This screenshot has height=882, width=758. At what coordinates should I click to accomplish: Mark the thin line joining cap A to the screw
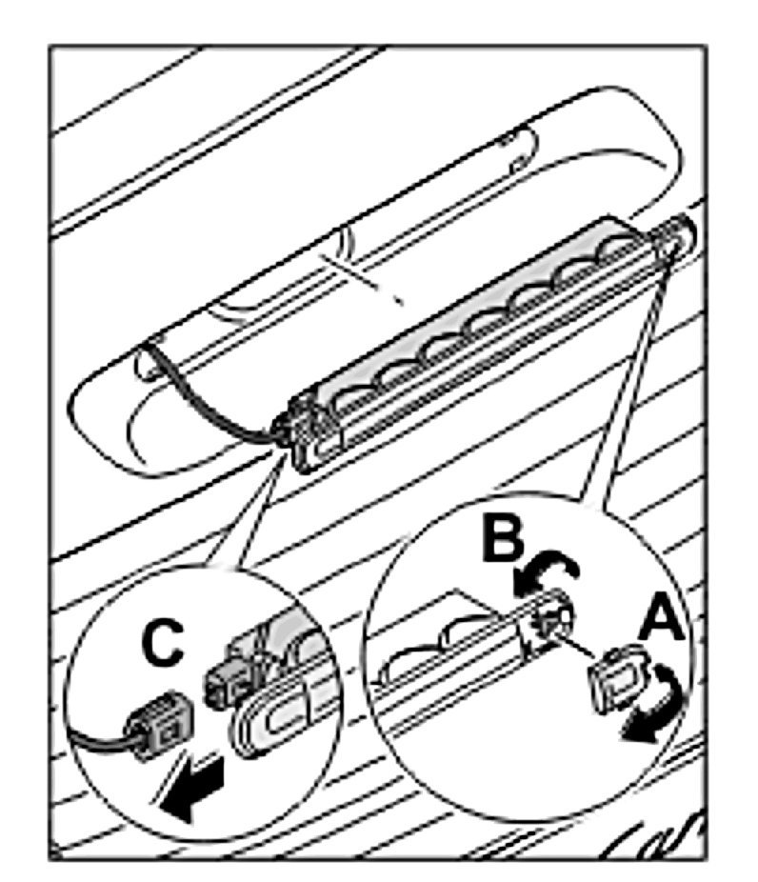tap(583, 648)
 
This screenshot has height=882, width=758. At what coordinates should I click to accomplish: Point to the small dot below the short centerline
tap(401, 302)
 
